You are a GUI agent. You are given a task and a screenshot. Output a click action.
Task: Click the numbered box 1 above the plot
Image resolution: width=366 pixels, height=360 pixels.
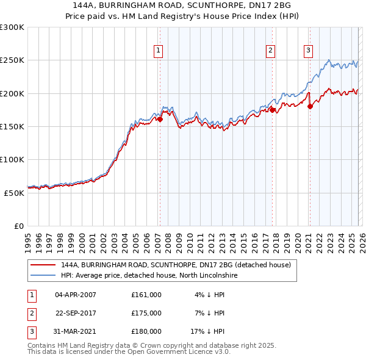(x=158, y=51)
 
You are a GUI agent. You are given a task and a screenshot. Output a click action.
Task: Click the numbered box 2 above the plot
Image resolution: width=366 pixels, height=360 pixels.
(x=270, y=51)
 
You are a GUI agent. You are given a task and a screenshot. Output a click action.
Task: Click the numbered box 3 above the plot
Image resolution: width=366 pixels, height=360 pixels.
(x=309, y=51)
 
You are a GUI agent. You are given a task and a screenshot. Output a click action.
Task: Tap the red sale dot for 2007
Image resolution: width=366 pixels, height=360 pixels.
(x=160, y=120)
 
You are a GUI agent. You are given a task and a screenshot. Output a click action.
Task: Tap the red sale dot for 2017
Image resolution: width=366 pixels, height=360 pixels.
(x=273, y=110)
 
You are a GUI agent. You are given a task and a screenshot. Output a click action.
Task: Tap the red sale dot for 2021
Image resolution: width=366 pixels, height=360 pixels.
(x=310, y=107)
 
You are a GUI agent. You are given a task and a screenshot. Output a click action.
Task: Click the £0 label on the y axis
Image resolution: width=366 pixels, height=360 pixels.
(x=18, y=226)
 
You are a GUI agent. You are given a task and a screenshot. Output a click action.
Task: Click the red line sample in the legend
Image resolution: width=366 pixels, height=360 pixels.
(x=43, y=265)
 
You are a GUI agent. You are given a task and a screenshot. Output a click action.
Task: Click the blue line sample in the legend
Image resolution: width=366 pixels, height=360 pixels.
(x=43, y=276)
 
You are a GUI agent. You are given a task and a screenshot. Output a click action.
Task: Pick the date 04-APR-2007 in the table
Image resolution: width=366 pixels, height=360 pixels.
(x=76, y=294)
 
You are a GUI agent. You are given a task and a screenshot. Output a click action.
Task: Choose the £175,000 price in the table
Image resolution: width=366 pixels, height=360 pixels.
(x=146, y=313)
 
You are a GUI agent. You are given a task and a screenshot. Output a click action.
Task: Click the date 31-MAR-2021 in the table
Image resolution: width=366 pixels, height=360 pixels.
(x=76, y=332)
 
